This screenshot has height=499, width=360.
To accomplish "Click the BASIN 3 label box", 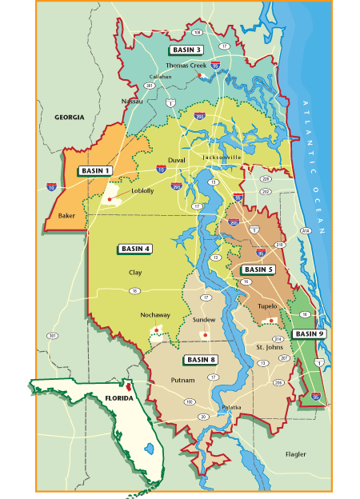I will click(x=186, y=50).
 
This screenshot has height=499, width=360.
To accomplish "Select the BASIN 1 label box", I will click(x=95, y=171).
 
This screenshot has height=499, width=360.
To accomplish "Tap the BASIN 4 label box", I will click(x=135, y=249).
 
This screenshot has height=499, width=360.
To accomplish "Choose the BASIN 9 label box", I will click(x=309, y=333).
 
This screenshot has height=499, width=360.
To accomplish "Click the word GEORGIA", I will click(x=69, y=118).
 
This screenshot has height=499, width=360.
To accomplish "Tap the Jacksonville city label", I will click(x=222, y=158).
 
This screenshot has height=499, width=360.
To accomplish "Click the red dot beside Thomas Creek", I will click(x=198, y=75).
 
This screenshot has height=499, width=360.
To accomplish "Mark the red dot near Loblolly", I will click(x=110, y=198).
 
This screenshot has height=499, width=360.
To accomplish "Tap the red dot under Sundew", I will click(x=206, y=334).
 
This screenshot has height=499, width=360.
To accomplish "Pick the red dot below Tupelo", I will click(x=272, y=321).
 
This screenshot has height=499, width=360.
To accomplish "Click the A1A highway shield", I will click(x=305, y=230).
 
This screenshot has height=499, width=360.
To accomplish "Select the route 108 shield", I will click(x=197, y=33).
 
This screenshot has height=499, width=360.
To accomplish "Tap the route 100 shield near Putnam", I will click(x=190, y=401).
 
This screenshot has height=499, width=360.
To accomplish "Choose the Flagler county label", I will click(x=296, y=454).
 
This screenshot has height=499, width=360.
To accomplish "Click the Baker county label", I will click(x=68, y=215).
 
